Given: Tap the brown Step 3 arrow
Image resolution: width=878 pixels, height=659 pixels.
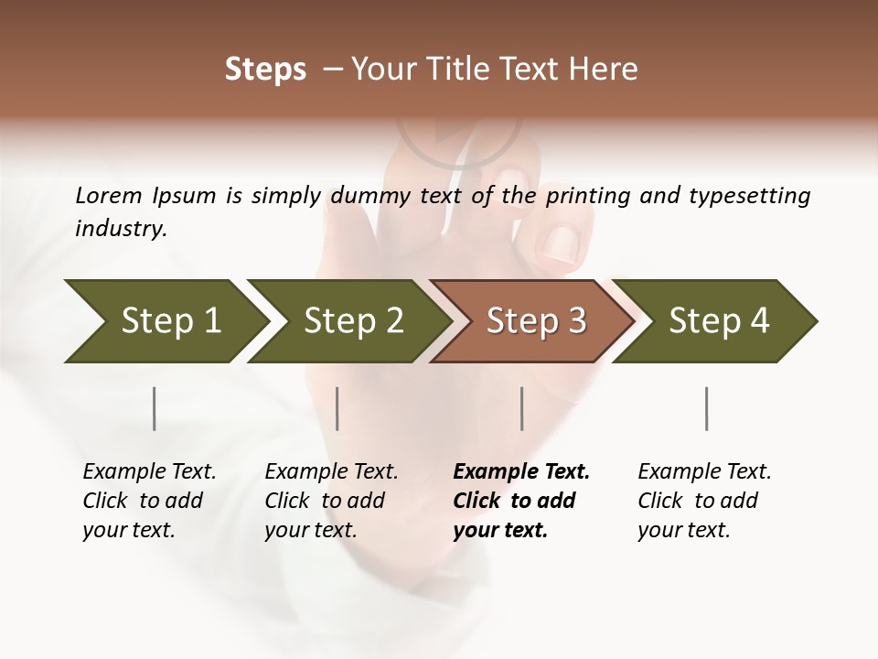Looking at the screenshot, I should click(x=535, y=321).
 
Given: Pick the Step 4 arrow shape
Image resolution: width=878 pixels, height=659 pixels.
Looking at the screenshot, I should click(x=718, y=321).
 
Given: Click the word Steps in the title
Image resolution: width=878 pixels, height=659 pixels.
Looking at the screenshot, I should click(x=265, y=70).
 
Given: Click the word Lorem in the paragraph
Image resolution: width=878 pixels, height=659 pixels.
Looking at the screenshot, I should click(x=109, y=195).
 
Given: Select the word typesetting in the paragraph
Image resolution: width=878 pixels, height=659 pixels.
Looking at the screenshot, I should click(x=749, y=196).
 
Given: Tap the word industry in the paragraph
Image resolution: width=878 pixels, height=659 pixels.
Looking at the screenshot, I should click(x=121, y=229).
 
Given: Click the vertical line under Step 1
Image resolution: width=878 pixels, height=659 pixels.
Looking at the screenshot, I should click(x=155, y=408).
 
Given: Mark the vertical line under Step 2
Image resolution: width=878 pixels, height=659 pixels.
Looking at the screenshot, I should click(x=337, y=408).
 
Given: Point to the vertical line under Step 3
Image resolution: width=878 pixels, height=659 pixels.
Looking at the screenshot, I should click(x=521, y=408).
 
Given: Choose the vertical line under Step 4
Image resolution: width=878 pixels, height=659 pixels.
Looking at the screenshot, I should click(x=706, y=408).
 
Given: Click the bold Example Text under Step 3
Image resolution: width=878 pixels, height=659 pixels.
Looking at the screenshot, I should click(x=521, y=472).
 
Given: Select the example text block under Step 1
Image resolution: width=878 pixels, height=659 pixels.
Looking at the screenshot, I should click(x=149, y=501).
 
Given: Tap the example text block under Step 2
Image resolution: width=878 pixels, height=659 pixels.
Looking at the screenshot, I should click(x=331, y=501).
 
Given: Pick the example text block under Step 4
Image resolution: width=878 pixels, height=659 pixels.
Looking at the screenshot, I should click(x=704, y=501).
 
